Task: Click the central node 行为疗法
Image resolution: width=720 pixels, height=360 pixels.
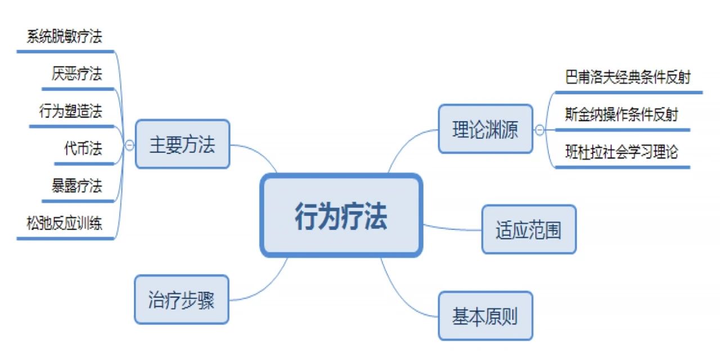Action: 341,215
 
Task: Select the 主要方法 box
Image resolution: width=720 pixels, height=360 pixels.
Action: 182,144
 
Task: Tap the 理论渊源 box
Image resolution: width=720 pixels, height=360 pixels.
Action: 485,129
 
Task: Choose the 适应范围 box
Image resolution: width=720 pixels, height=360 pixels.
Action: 529,229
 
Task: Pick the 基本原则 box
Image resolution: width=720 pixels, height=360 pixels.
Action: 485,316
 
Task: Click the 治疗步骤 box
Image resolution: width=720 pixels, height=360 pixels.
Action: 181,299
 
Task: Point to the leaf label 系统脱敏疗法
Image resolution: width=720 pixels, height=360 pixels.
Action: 65,37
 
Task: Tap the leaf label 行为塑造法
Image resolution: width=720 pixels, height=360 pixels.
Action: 71,111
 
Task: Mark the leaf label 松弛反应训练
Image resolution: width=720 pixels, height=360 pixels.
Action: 65,223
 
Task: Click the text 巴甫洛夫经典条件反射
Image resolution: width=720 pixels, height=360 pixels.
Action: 628,77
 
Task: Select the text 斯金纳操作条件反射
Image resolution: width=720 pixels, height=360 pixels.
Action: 622,115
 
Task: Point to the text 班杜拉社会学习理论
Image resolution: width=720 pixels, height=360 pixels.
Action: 622,152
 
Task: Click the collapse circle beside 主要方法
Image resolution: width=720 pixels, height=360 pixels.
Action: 129,145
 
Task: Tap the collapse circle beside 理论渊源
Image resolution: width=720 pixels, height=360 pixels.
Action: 539,130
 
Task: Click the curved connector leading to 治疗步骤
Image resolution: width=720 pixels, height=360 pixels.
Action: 264,287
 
